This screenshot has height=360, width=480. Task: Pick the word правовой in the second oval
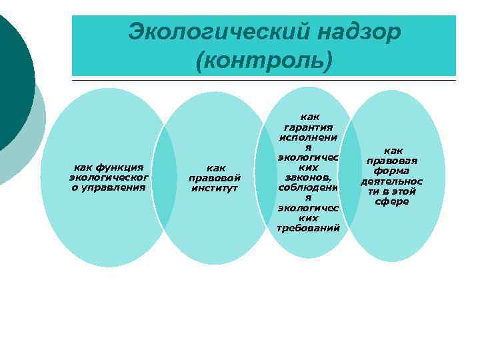(x=215, y=178)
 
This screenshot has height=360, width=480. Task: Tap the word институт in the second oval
(x=215, y=188)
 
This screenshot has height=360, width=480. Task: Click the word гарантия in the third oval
(x=308, y=127)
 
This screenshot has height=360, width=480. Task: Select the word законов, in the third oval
(x=308, y=177)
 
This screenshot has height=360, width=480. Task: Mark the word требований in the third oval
(x=308, y=228)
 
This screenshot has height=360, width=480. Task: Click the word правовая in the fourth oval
(x=392, y=161)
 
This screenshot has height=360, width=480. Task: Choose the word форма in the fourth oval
(x=392, y=171)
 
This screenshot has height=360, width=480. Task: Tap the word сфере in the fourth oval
(x=392, y=201)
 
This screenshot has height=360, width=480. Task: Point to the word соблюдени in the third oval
(x=308, y=187)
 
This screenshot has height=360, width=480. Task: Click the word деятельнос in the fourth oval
(x=392, y=181)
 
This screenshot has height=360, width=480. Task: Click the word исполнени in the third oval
(x=308, y=137)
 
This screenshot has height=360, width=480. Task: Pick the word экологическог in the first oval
(x=109, y=177)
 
